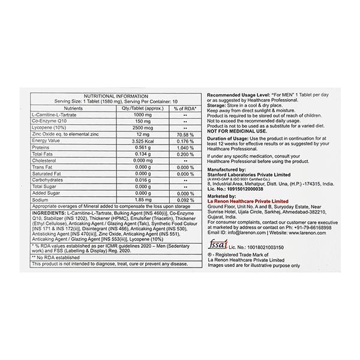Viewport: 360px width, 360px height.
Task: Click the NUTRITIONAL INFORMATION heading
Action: (x=115, y=95)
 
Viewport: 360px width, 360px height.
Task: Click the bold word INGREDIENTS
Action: (x=51, y=213)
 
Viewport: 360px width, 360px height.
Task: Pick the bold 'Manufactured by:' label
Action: (x=228, y=170)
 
